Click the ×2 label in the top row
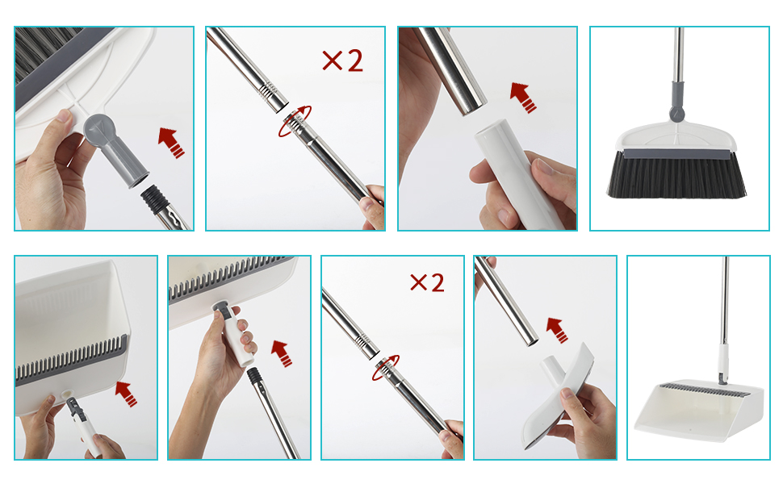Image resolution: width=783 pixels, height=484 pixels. [x=342, y=60]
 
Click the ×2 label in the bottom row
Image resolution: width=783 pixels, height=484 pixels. [x=427, y=283]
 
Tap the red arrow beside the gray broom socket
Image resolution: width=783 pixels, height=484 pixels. [x=171, y=142]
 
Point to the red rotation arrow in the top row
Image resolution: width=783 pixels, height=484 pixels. [x=295, y=121]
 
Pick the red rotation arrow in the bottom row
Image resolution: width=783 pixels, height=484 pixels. [x=386, y=368]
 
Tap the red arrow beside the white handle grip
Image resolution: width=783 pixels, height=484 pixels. [x=523, y=98]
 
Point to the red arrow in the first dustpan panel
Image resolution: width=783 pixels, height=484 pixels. [x=126, y=394]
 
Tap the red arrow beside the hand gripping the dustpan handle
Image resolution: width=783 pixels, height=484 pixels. [x=282, y=353]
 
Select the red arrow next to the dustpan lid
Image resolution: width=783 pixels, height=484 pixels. [x=557, y=330]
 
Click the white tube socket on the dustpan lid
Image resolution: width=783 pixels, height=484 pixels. [x=552, y=368]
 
